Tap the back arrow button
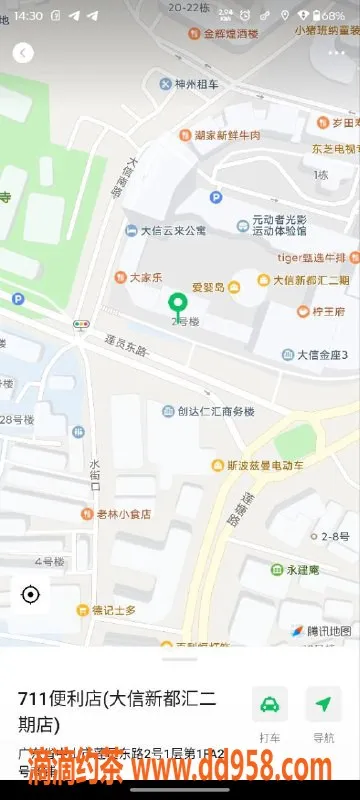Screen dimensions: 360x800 click(x=23, y=53)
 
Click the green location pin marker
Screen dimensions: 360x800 click(x=179, y=303)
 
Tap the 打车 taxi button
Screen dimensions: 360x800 click(x=270, y=712)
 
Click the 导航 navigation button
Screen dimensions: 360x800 click(x=323, y=712)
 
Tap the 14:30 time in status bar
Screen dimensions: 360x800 click(x=28, y=16)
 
